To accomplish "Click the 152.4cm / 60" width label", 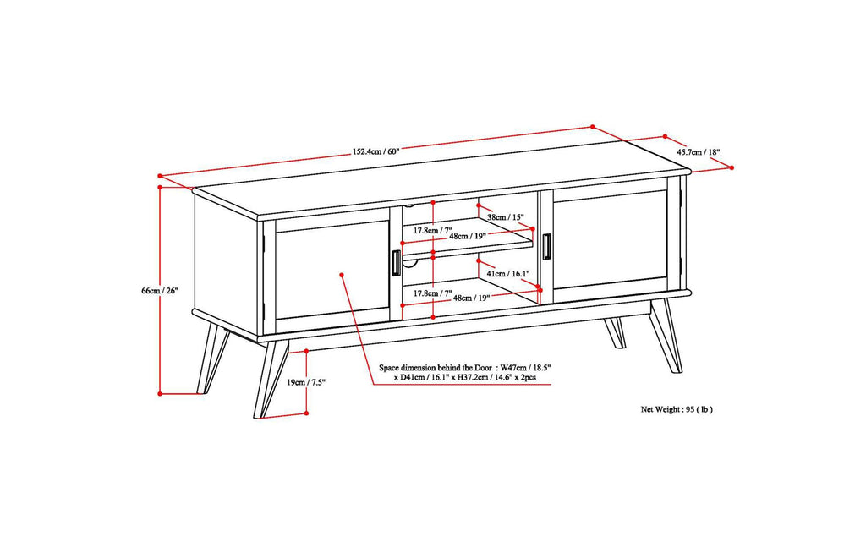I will pyautogui.click(x=375, y=152).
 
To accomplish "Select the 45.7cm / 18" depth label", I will pyautogui.click(x=698, y=153).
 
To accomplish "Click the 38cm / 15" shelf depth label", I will pyautogui.click(x=504, y=218).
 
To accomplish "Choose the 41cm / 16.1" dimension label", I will pyautogui.click(x=507, y=274).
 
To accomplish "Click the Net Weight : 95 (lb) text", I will pyautogui.click(x=677, y=408).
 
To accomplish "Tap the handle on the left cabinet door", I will pyautogui.click(x=395, y=263).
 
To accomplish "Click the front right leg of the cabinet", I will pyautogui.click(x=666, y=335).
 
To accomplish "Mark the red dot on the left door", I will pyautogui.click(x=342, y=274).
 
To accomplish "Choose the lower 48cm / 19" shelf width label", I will pyautogui.click(x=472, y=298).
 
